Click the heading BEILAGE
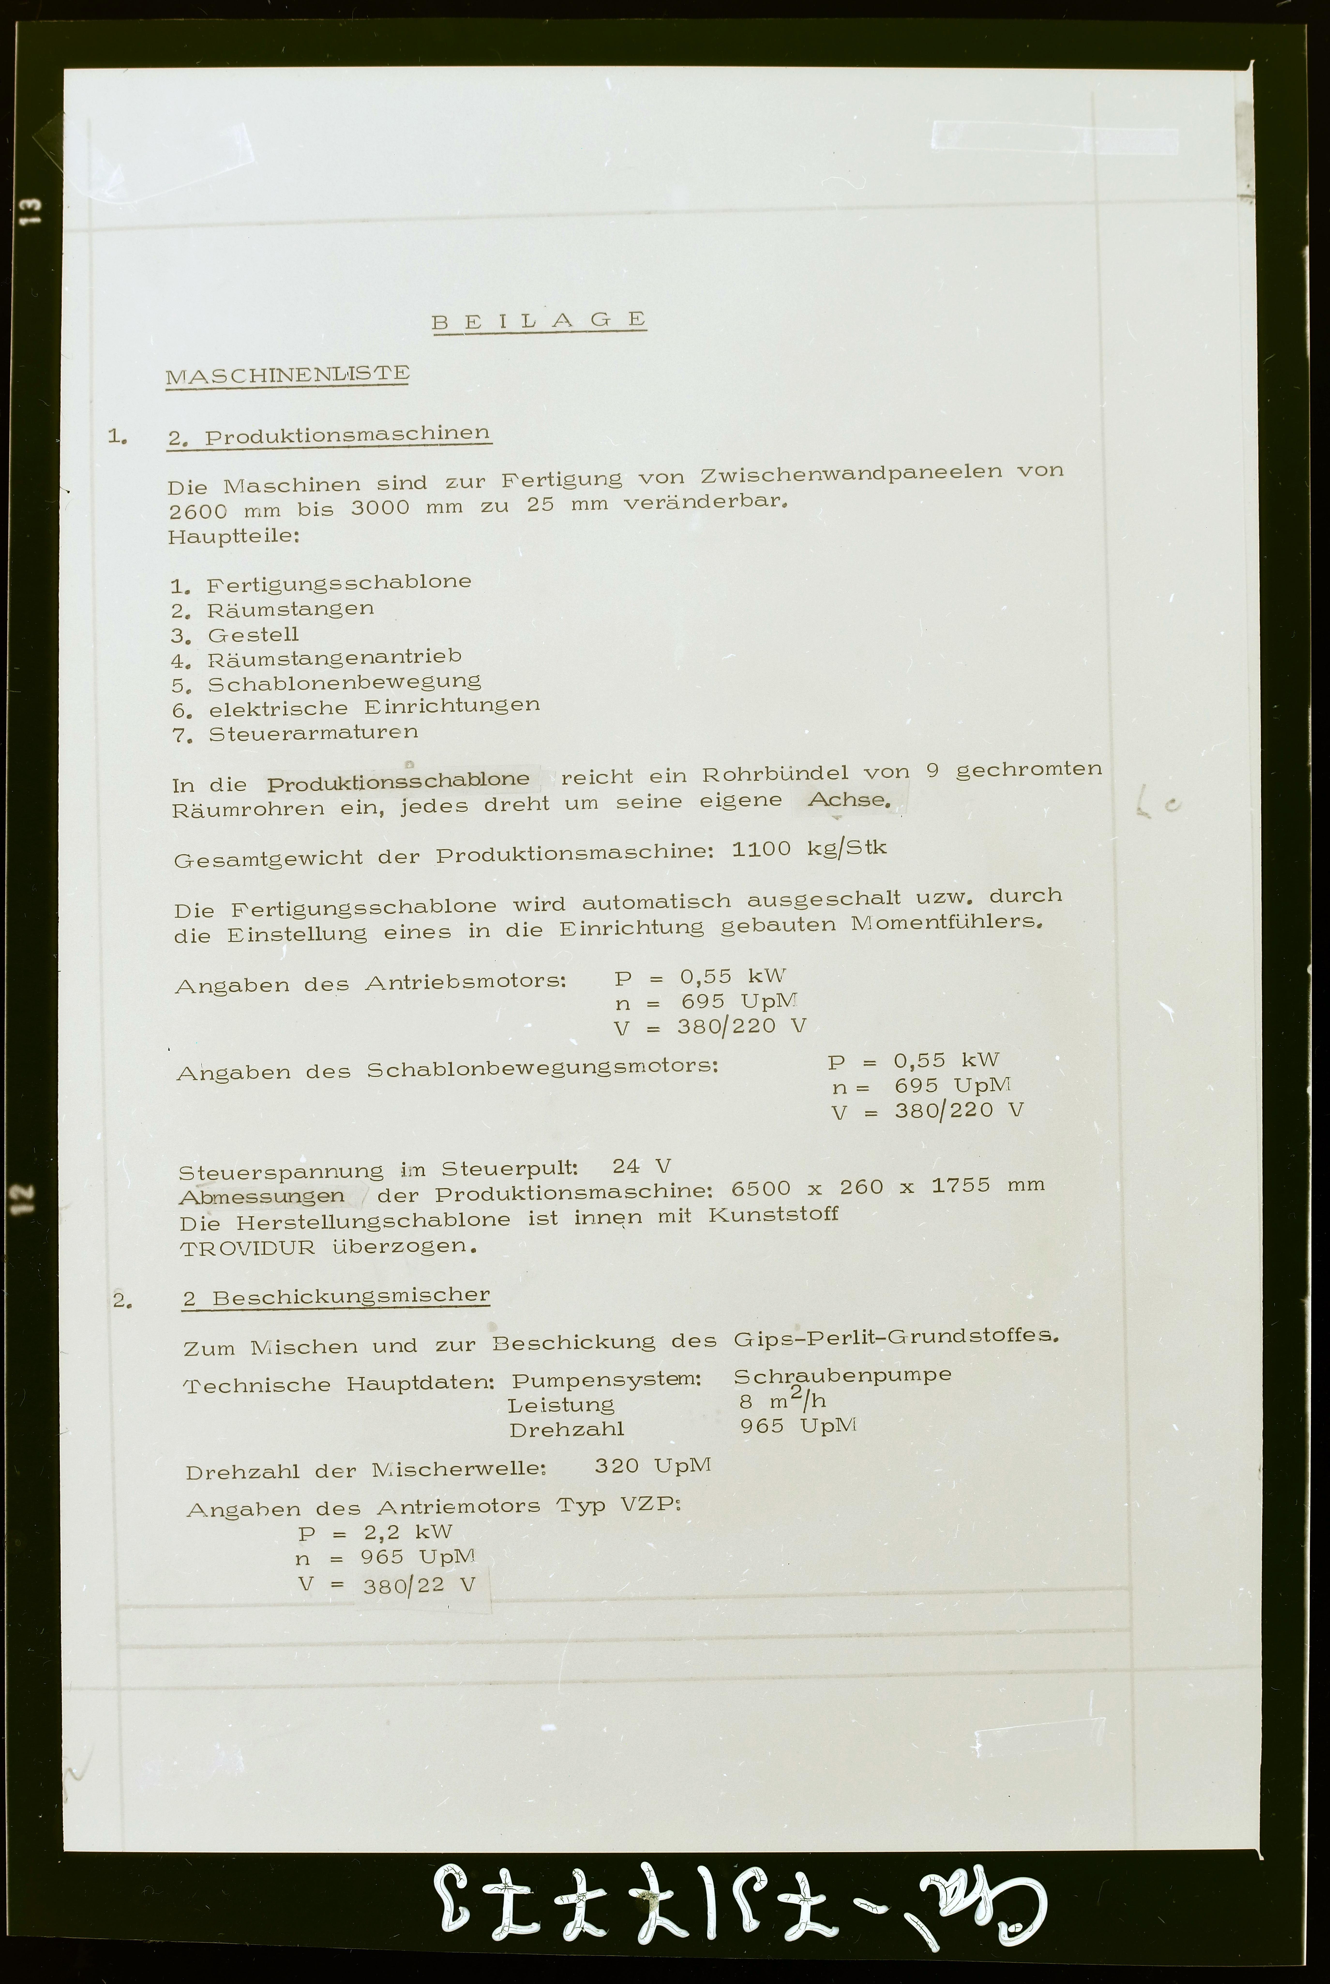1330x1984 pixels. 540,321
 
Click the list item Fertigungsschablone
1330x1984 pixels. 338,583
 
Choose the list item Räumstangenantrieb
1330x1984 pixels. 334,657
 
